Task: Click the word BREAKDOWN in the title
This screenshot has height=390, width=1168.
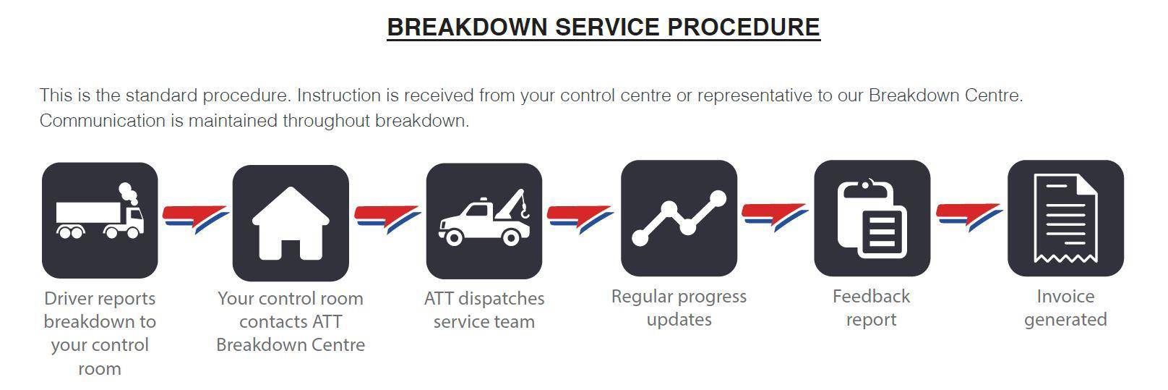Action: (x=467, y=27)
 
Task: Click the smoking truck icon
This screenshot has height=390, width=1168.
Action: (x=100, y=220)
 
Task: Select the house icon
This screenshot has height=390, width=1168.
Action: (x=291, y=223)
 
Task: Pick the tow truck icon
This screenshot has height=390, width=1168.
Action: (x=484, y=221)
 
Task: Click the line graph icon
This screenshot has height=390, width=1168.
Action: (x=679, y=219)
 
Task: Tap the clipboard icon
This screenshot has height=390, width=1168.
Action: (x=872, y=219)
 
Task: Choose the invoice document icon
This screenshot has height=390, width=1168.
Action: (x=1065, y=219)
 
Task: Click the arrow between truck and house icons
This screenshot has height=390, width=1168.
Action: (x=195, y=219)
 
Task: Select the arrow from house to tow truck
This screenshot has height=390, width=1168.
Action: (x=387, y=219)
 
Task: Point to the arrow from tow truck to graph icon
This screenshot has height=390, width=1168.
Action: (x=580, y=219)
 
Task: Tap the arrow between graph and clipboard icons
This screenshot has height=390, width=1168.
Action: (x=775, y=217)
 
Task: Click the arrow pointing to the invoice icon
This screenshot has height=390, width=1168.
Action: (x=969, y=217)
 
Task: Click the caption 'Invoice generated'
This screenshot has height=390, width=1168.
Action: (x=1065, y=308)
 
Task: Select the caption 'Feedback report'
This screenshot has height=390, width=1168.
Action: (x=872, y=308)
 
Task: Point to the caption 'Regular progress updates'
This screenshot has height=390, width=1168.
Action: (x=679, y=308)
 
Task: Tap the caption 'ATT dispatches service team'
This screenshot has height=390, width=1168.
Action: (x=484, y=310)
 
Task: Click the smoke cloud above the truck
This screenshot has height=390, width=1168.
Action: (x=128, y=194)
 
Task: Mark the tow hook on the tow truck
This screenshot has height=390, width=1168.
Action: (x=525, y=211)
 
